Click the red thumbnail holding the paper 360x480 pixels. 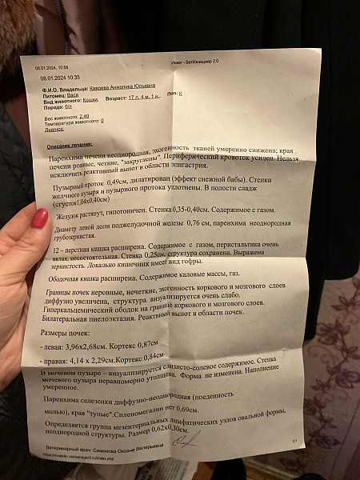point(39,218)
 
